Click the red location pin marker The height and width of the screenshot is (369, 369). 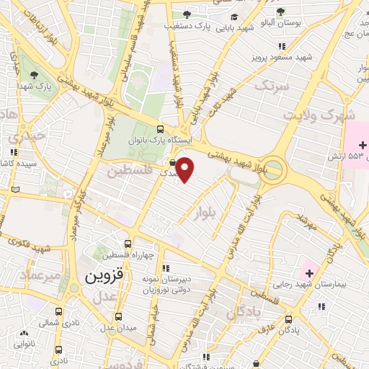coord(186,169)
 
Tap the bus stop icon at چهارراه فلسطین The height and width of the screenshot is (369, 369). coord(128,244)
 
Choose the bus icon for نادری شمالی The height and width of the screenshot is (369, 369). coord(58,313)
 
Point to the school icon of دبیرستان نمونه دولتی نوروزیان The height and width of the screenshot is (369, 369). coord(166,268)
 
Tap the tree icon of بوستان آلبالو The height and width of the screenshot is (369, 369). coord(280,11)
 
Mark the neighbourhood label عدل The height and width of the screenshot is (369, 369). coord(105,296)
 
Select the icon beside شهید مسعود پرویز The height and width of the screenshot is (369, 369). coord(282,46)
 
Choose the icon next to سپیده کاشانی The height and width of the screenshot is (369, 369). coord(13,152)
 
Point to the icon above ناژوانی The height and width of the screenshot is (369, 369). coord(25,333)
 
